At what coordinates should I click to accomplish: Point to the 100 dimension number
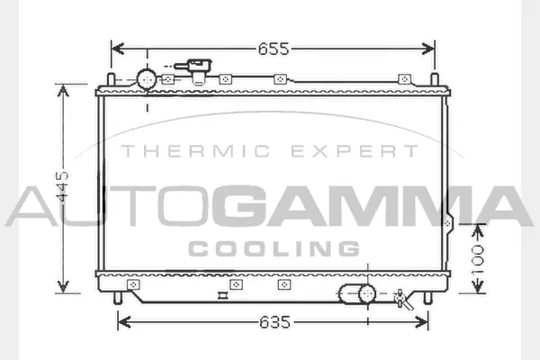coord(479,258)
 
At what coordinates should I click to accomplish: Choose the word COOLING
coord(274,247)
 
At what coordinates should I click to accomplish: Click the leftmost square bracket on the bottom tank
coord(134,284)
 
